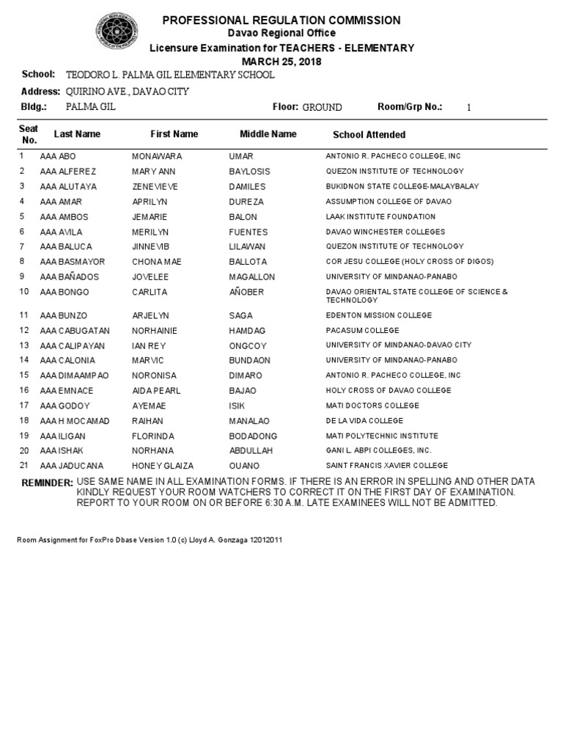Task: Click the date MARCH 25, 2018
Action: pos(282,61)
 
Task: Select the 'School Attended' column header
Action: pos(369,135)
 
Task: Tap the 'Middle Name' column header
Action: pos(268,134)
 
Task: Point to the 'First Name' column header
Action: pos(174,134)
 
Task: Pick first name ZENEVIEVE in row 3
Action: pos(155,186)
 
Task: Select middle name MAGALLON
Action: pos(252,276)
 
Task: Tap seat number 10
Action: pos(24,292)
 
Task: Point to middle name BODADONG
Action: pos(254,436)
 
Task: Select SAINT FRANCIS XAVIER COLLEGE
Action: pos(386,466)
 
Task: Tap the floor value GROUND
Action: pos(322,107)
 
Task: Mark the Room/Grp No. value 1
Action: pos(469,107)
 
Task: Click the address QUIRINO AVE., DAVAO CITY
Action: pos(128,92)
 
